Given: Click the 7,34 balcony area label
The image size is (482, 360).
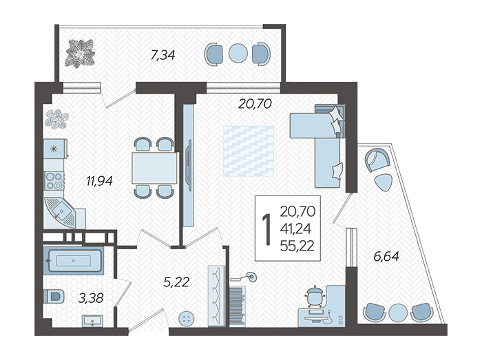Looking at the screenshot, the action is click(x=163, y=55).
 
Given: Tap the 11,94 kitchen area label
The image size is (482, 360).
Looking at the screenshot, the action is click(x=99, y=181).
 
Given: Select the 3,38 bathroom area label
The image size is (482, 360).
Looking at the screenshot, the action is click(x=90, y=298).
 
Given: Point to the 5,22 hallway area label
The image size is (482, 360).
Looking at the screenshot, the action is click(x=176, y=282).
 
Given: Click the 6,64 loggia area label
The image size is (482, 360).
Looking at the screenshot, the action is click(x=386, y=256).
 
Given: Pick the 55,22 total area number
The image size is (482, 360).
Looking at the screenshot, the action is click(x=297, y=246).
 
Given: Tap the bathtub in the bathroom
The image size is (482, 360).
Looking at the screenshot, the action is click(x=73, y=261).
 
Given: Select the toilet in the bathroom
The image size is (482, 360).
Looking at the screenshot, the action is click(x=54, y=297).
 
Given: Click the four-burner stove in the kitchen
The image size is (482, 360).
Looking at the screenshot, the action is click(x=54, y=181).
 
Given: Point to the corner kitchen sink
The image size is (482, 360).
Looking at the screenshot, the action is click(x=61, y=212).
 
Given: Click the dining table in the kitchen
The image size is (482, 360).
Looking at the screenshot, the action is click(x=155, y=168).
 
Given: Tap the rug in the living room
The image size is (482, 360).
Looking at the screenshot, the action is click(x=249, y=151).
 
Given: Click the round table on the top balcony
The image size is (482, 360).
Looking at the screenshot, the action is click(x=238, y=53).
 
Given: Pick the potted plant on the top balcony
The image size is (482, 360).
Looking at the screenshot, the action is click(x=80, y=52).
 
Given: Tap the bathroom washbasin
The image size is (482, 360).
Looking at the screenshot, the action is click(x=92, y=321).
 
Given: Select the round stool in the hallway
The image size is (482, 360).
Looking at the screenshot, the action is click(x=186, y=319).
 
